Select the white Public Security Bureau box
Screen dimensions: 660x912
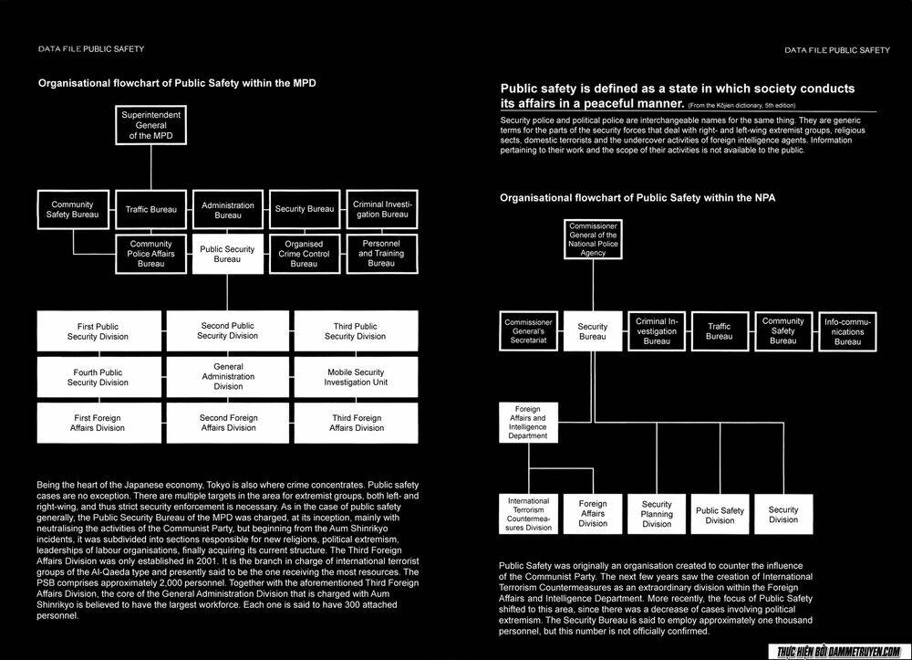[x=227, y=254]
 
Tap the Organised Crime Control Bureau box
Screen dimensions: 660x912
[x=304, y=254]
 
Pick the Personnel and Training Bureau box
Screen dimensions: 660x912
[x=381, y=254]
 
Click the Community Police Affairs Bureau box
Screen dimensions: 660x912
[x=150, y=254]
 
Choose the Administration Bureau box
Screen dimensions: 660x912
[x=228, y=210]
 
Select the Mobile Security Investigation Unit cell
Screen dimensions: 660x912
[x=355, y=377]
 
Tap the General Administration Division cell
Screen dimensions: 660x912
[x=228, y=376]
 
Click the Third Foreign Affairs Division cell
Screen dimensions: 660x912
[x=357, y=423]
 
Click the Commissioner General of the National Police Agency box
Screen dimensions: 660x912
[x=593, y=239]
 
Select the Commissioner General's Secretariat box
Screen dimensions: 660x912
[x=529, y=331]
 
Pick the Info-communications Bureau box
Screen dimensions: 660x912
[x=847, y=331]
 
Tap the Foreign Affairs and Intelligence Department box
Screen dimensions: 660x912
[x=529, y=423]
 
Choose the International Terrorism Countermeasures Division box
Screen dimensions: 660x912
[x=529, y=514]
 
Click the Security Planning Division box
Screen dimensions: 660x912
[x=657, y=514]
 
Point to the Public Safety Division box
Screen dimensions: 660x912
[x=720, y=515]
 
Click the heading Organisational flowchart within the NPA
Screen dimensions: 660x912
[x=637, y=197]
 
